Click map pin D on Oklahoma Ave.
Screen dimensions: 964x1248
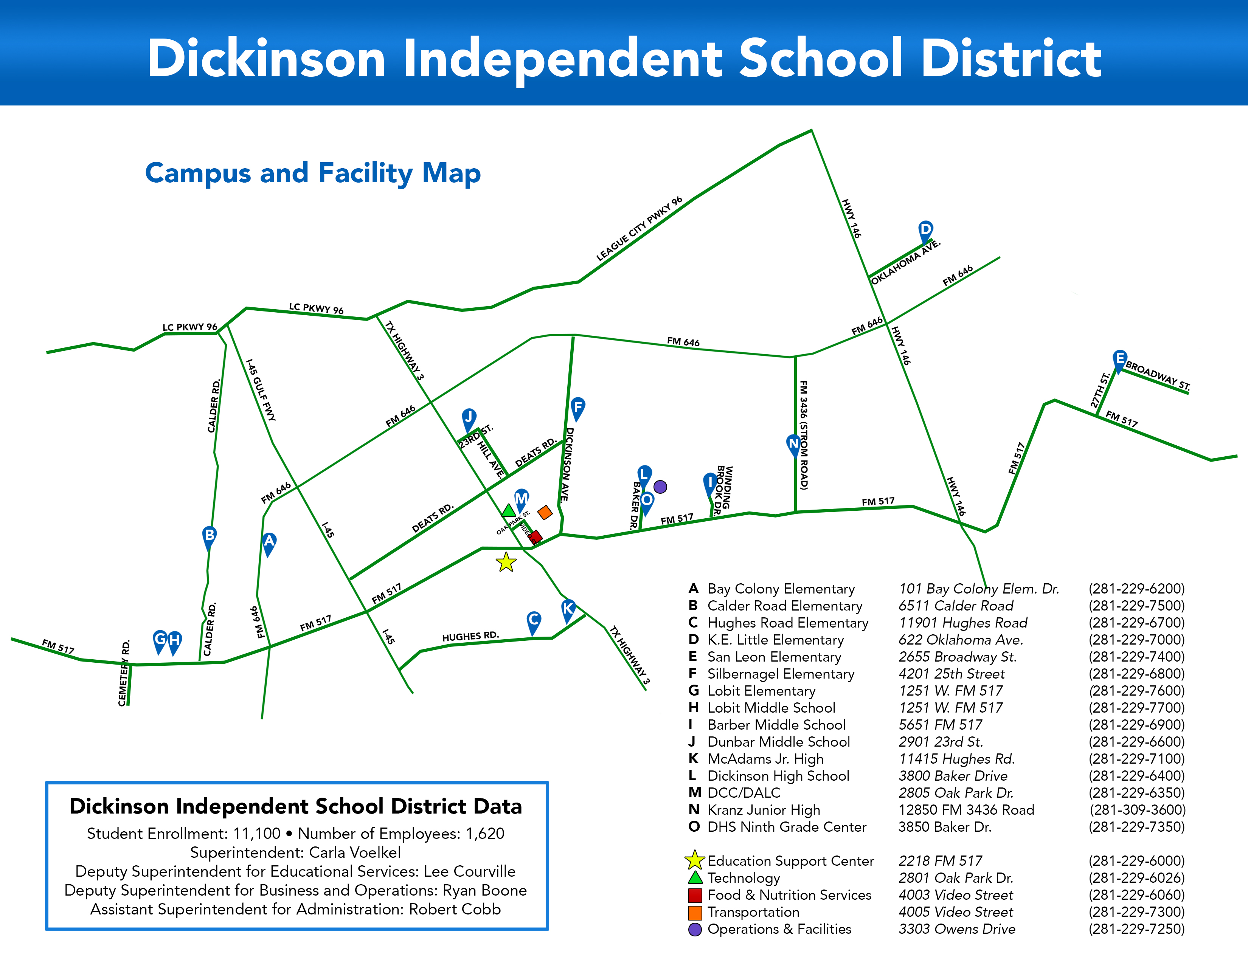tap(925, 230)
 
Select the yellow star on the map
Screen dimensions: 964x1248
tap(506, 563)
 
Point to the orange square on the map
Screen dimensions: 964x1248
tap(545, 512)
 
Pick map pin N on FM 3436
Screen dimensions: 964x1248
tap(793, 444)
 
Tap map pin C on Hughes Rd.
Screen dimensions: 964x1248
tap(533, 620)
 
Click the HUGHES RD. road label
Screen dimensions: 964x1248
tap(470, 636)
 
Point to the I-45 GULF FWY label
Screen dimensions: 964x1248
tap(261, 390)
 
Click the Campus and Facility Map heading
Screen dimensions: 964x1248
tap(313, 173)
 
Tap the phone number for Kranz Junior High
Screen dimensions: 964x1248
tap(1137, 810)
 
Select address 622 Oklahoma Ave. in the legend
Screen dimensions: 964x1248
tap(961, 640)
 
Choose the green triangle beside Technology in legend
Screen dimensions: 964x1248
tap(695, 878)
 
